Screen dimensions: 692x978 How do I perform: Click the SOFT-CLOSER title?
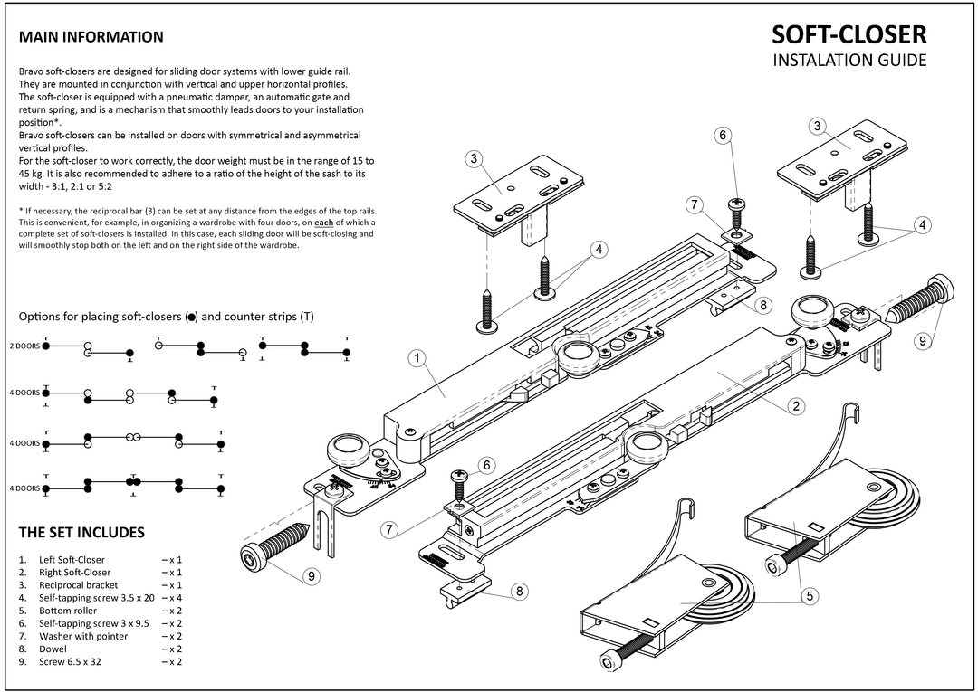coord(849,34)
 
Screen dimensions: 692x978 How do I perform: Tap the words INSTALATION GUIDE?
coord(849,62)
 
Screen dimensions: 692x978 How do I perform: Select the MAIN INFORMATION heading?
coord(91,37)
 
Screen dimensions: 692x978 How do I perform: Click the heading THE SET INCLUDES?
coord(81,531)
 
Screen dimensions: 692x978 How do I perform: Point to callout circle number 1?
coord(417,359)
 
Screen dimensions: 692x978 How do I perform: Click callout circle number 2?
coord(798,406)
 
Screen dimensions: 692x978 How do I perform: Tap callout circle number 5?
coord(810,595)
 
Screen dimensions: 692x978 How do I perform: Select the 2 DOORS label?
coord(24,346)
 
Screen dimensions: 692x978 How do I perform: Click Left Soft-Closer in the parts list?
coord(72,559)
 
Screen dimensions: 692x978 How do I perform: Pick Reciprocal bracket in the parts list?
coord(78,584)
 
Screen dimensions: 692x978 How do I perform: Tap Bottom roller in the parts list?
coord(67,611)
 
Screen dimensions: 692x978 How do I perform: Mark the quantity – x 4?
coord(172,597)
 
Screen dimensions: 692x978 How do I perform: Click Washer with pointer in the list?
coord(83,636)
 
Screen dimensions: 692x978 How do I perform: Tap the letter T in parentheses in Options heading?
coord(308,317)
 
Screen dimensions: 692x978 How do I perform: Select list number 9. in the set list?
coord(22,661)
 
